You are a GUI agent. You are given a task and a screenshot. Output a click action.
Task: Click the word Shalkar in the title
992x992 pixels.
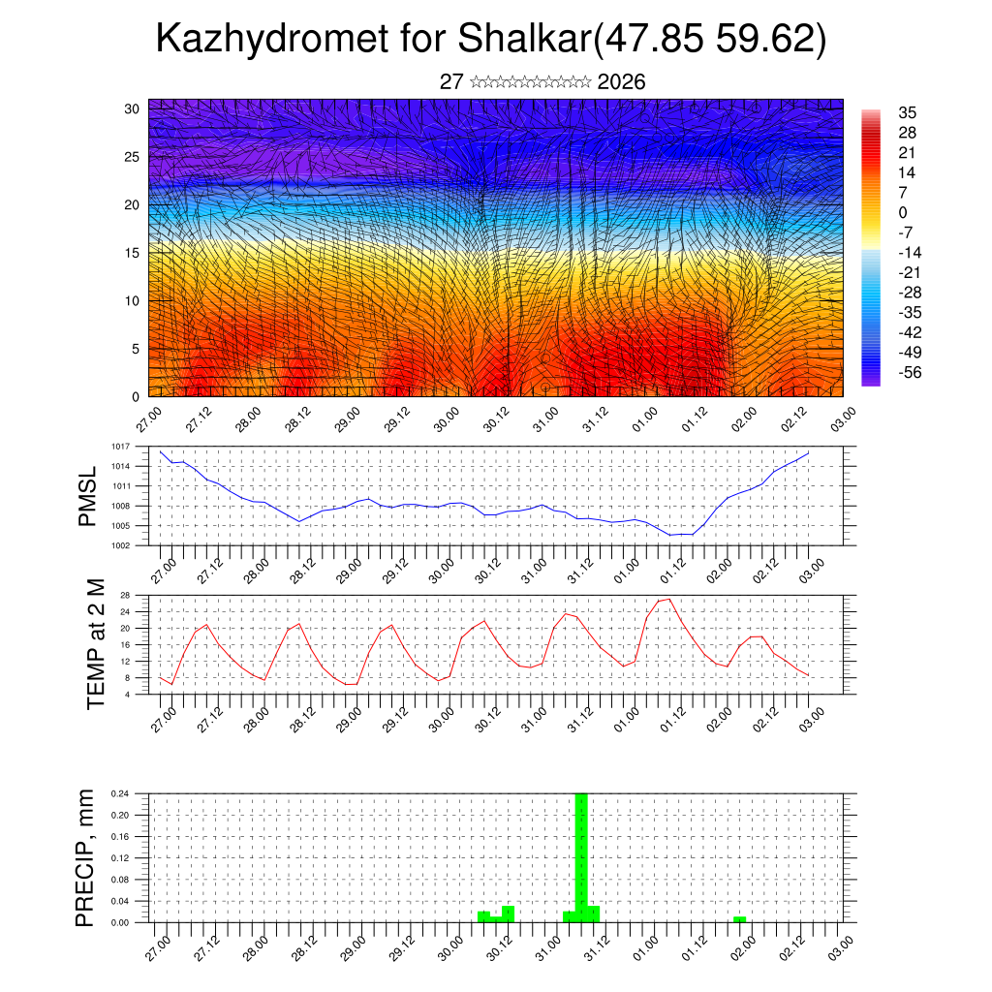tap(524, 41)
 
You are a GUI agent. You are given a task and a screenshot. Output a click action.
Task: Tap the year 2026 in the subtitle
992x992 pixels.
tap(622, 82)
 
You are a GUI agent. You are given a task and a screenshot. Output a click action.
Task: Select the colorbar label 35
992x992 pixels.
tap(908, 113)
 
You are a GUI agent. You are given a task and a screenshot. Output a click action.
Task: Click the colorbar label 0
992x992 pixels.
tap(903, 213)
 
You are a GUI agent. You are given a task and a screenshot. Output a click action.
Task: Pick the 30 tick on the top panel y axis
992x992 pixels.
tap(132, 108)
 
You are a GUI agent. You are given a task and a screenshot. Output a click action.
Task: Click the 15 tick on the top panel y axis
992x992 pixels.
tap(132, 253)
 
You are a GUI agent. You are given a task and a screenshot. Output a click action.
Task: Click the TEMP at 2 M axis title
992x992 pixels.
tap(95, 643)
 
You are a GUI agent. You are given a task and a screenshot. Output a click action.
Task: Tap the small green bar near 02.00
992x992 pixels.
tap(739, 918)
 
